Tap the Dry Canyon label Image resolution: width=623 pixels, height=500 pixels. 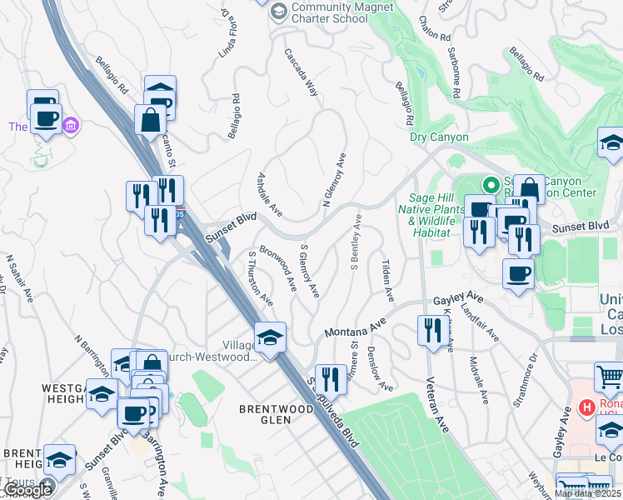439,137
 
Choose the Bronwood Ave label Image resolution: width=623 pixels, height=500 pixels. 278,267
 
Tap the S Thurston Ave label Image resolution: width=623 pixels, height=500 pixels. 261,277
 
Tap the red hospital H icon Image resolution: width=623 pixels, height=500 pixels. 586,407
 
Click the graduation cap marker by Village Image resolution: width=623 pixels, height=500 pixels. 270,337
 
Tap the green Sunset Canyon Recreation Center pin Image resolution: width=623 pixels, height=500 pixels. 491,184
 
